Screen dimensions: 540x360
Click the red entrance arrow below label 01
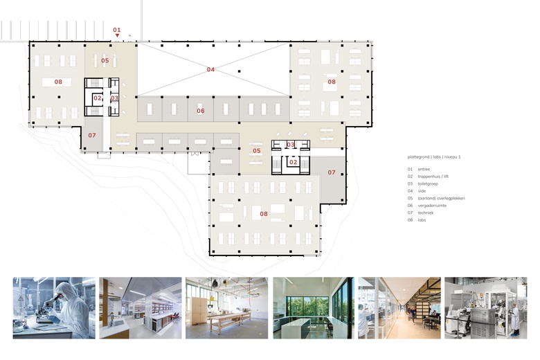click(x=117, y=35)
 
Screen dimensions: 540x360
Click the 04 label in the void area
click(x=210, y=70)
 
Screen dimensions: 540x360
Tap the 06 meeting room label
click(x=201, y=111)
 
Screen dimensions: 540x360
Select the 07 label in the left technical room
click(x=92, y=136)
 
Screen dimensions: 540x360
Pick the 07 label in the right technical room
click(x=332, y=172)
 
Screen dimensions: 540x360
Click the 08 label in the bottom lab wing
click(x=264, y=214)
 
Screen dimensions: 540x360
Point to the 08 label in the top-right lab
click(x=332, y=82)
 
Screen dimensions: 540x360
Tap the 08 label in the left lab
click(x=58, y=82)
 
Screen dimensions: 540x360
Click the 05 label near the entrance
click(x=105, y=61)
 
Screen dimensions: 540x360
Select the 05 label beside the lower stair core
click(x=257, y=151)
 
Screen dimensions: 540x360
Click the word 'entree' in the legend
click(x=424, y=170)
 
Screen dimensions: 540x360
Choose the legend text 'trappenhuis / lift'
click(x=433, y=177)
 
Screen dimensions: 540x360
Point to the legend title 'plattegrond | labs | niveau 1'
click(x=434, y=157)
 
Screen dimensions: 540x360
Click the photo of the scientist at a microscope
click(x=54, y=308)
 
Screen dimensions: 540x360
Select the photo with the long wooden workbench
click(x=226, y=308)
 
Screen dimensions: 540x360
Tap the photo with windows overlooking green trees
click(x=314, y=308)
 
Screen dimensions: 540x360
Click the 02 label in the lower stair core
click(x=293, y=162)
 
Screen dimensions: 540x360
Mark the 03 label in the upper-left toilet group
click(x=114, y=98)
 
